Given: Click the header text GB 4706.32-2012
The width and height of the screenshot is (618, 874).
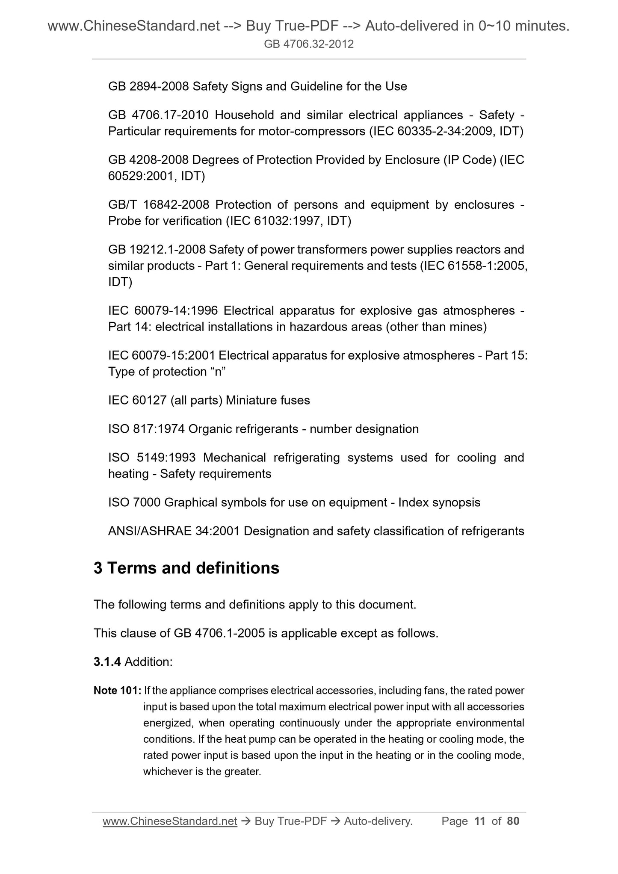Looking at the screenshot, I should (x=309, y=44).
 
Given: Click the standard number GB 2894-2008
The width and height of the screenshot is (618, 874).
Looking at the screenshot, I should (x=148, y=87).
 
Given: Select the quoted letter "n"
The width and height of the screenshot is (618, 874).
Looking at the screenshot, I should (x=218, y=372).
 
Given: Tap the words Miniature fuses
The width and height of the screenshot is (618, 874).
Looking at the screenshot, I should (x=268, y=401).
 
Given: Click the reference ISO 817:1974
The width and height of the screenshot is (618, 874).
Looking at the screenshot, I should (x=146, y=429).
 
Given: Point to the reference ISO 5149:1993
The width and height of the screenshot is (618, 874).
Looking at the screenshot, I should (x=152, y=458).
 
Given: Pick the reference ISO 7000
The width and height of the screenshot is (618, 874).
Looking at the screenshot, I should (x=134, y=502).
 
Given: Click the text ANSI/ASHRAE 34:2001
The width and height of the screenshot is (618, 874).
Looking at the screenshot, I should (x=174, y=531).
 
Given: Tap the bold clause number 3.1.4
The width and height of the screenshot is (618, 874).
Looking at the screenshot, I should (x=107, y=662).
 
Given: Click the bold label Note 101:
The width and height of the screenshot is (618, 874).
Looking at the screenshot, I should (x=117, y=691).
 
